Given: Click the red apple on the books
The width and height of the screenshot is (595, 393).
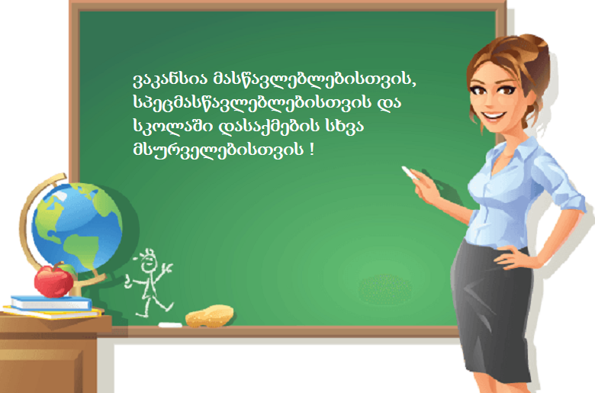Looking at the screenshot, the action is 53,281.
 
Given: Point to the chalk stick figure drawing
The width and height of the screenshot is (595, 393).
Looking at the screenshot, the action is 150,283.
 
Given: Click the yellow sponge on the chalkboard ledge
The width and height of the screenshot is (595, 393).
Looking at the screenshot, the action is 210,316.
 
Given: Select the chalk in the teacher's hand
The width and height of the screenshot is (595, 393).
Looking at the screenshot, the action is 410,172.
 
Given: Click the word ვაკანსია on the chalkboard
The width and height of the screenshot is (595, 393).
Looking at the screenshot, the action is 170,79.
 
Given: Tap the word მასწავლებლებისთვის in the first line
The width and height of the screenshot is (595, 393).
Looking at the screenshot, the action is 314,79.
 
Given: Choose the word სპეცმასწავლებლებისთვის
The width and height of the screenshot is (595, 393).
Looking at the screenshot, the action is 252,102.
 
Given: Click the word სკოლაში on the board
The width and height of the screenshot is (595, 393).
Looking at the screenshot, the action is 173,126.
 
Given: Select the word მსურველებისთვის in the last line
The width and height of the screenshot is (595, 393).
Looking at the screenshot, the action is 218,150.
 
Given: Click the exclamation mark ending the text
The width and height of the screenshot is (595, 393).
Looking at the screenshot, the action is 312,149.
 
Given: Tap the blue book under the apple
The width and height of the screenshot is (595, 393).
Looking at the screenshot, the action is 51,303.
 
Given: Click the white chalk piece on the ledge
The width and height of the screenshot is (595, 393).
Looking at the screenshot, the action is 170,324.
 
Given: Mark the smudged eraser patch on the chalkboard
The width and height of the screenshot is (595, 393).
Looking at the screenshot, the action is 385,290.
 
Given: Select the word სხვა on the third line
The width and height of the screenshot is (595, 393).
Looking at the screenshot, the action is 344,126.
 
